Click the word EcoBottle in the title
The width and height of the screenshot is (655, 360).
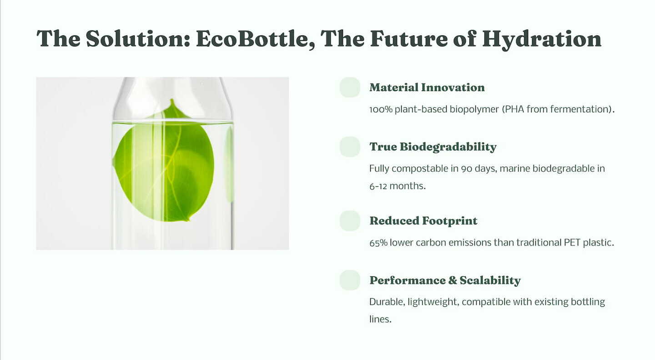(256, 39)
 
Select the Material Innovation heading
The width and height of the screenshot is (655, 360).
(427, 87)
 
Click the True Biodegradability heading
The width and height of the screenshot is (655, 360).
(433, 147)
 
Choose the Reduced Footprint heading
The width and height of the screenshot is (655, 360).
(423, 221)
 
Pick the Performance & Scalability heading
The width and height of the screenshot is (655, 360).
(445, 280)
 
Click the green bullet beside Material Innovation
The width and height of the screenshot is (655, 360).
(350, 87)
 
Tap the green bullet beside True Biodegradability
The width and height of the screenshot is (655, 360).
(350, 147)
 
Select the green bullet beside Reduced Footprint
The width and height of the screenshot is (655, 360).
(350, 221)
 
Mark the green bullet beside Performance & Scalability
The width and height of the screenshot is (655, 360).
(350, 280)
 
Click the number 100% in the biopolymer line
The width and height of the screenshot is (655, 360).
(381, 110)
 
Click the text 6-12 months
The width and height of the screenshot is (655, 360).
(398, 186)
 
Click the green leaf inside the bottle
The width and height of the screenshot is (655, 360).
(164, 164)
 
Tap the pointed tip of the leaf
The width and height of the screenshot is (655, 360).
(172, 100)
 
